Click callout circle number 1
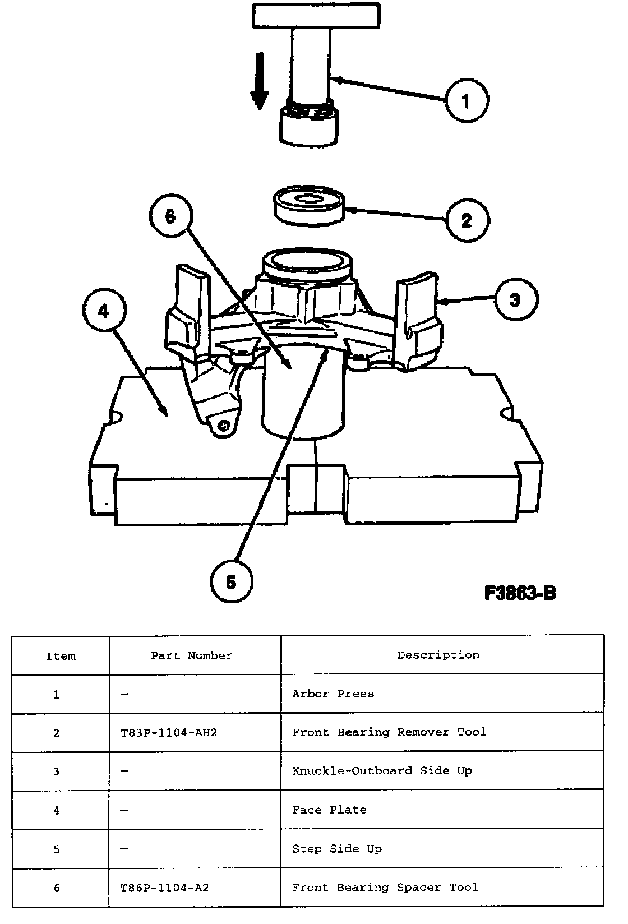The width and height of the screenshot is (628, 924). click(x=466, y=101)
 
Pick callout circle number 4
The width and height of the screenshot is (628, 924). click(x=104, y=311)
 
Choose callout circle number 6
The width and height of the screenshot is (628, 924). click(x=170, y=216)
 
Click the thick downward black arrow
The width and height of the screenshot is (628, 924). click(x=258, y=81)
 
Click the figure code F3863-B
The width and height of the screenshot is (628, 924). click(x=520, y=593)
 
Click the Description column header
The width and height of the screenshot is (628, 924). click(x=438, y=655)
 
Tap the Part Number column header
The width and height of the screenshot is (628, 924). click(x=191, y=655)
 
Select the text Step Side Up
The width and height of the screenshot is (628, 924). click(x=336, y=849)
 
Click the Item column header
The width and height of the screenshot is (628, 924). click(x=61, y=656)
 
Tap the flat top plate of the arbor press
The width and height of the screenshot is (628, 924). click(x=316, y=15)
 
